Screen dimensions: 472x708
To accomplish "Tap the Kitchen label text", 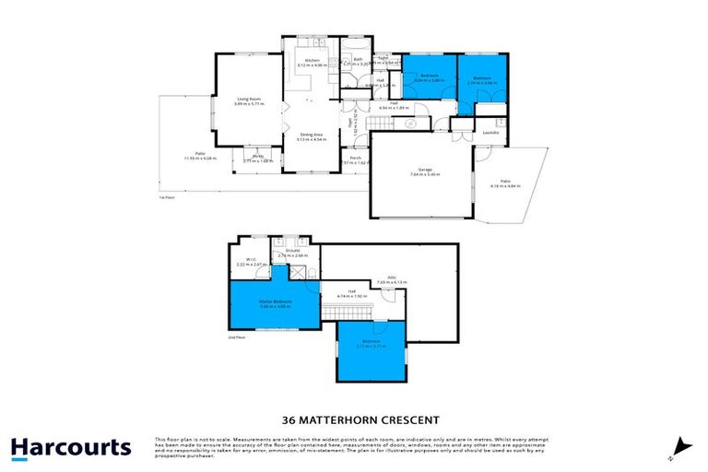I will tap(312, 62).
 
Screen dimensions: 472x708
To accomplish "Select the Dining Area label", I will tap(312, 136).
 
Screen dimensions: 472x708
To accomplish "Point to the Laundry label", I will tap(490, 132).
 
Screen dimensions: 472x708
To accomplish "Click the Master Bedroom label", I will tap(275, 301).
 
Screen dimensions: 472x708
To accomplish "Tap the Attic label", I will tap(390, 277).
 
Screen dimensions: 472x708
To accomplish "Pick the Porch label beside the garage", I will tap(355, 158).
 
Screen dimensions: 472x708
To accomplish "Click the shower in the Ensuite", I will tap(298, 272).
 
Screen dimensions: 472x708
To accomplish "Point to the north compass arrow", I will tap(679, 446).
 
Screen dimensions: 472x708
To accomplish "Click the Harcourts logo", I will tap(71, 448).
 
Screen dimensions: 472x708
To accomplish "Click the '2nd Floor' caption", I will tap(238, 338).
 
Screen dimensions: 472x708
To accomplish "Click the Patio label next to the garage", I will tap(506, 182).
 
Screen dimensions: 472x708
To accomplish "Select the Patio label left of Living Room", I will tap(199, 155).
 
